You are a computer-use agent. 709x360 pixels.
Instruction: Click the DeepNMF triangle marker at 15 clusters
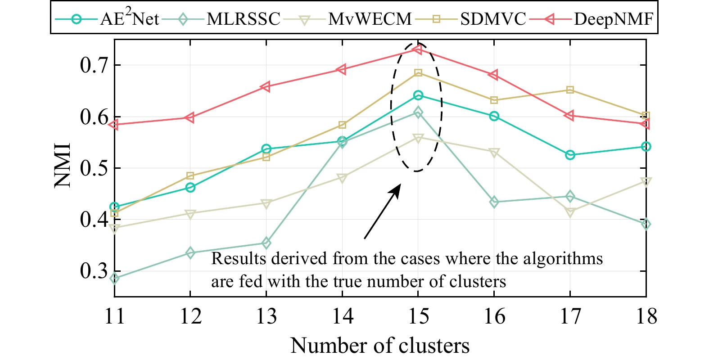tap(418, 49)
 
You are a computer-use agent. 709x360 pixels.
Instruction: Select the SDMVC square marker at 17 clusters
tap(570, 90)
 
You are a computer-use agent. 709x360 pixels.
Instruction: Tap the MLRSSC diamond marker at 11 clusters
tap(114, 279)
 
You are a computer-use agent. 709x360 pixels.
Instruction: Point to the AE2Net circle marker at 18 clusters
tap(646, 147)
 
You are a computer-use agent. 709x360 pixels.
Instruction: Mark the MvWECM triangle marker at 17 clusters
tap(570, 212)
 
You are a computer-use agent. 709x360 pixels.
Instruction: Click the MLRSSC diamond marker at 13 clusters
tap(266, 243)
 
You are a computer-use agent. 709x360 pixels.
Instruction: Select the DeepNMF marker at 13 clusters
tap(266, 87)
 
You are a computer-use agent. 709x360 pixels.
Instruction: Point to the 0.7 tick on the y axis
tap(94, 66)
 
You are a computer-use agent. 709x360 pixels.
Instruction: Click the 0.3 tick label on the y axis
tap(94, 271)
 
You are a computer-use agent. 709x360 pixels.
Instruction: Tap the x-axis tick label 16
tap(494, 316)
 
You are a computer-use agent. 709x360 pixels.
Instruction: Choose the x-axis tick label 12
tap(190, 316)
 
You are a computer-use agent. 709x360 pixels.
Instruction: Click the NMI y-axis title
tap(63, 165)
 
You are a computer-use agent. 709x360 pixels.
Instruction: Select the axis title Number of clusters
tap(380, 346)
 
